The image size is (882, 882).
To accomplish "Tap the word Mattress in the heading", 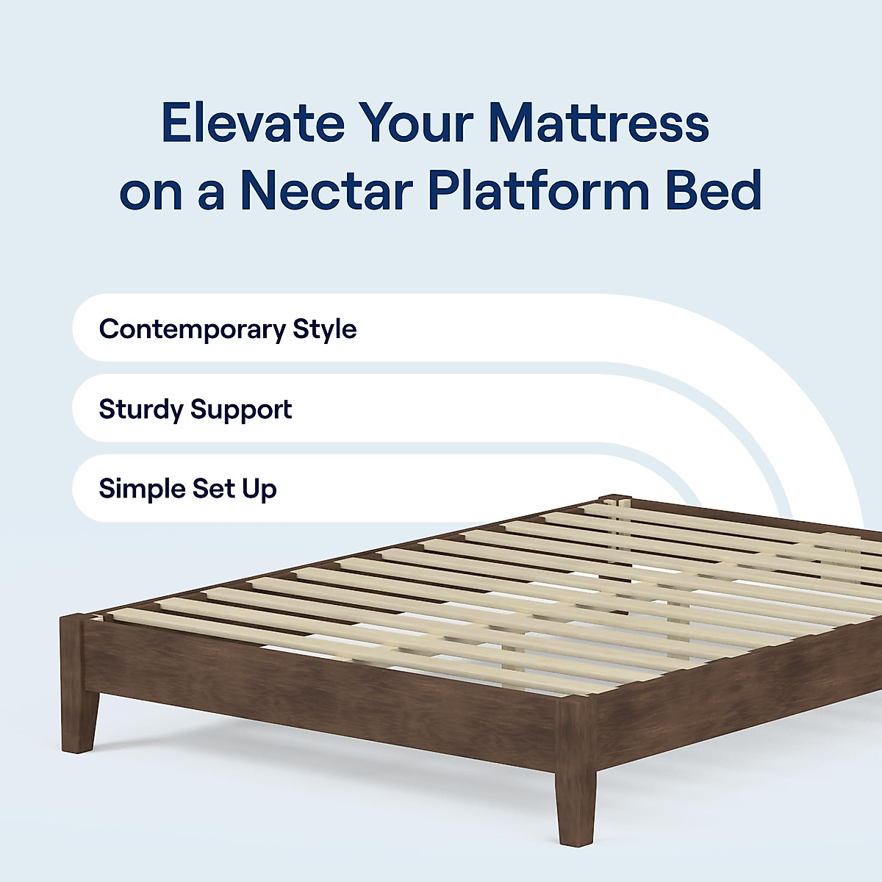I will (x=598, y=123).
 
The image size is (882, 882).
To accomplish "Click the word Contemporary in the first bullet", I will (x=192, y=329).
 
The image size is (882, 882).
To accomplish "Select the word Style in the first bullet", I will (x=324, y=329).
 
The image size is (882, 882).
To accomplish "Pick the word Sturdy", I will (x=141, y=409).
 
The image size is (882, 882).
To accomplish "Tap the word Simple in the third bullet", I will (x=141, y=489).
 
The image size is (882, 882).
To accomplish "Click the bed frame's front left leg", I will (x=79, y=720).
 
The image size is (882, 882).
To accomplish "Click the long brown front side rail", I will (x=323, y=691).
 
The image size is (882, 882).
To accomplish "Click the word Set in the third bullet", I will (x=213, y=489).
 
